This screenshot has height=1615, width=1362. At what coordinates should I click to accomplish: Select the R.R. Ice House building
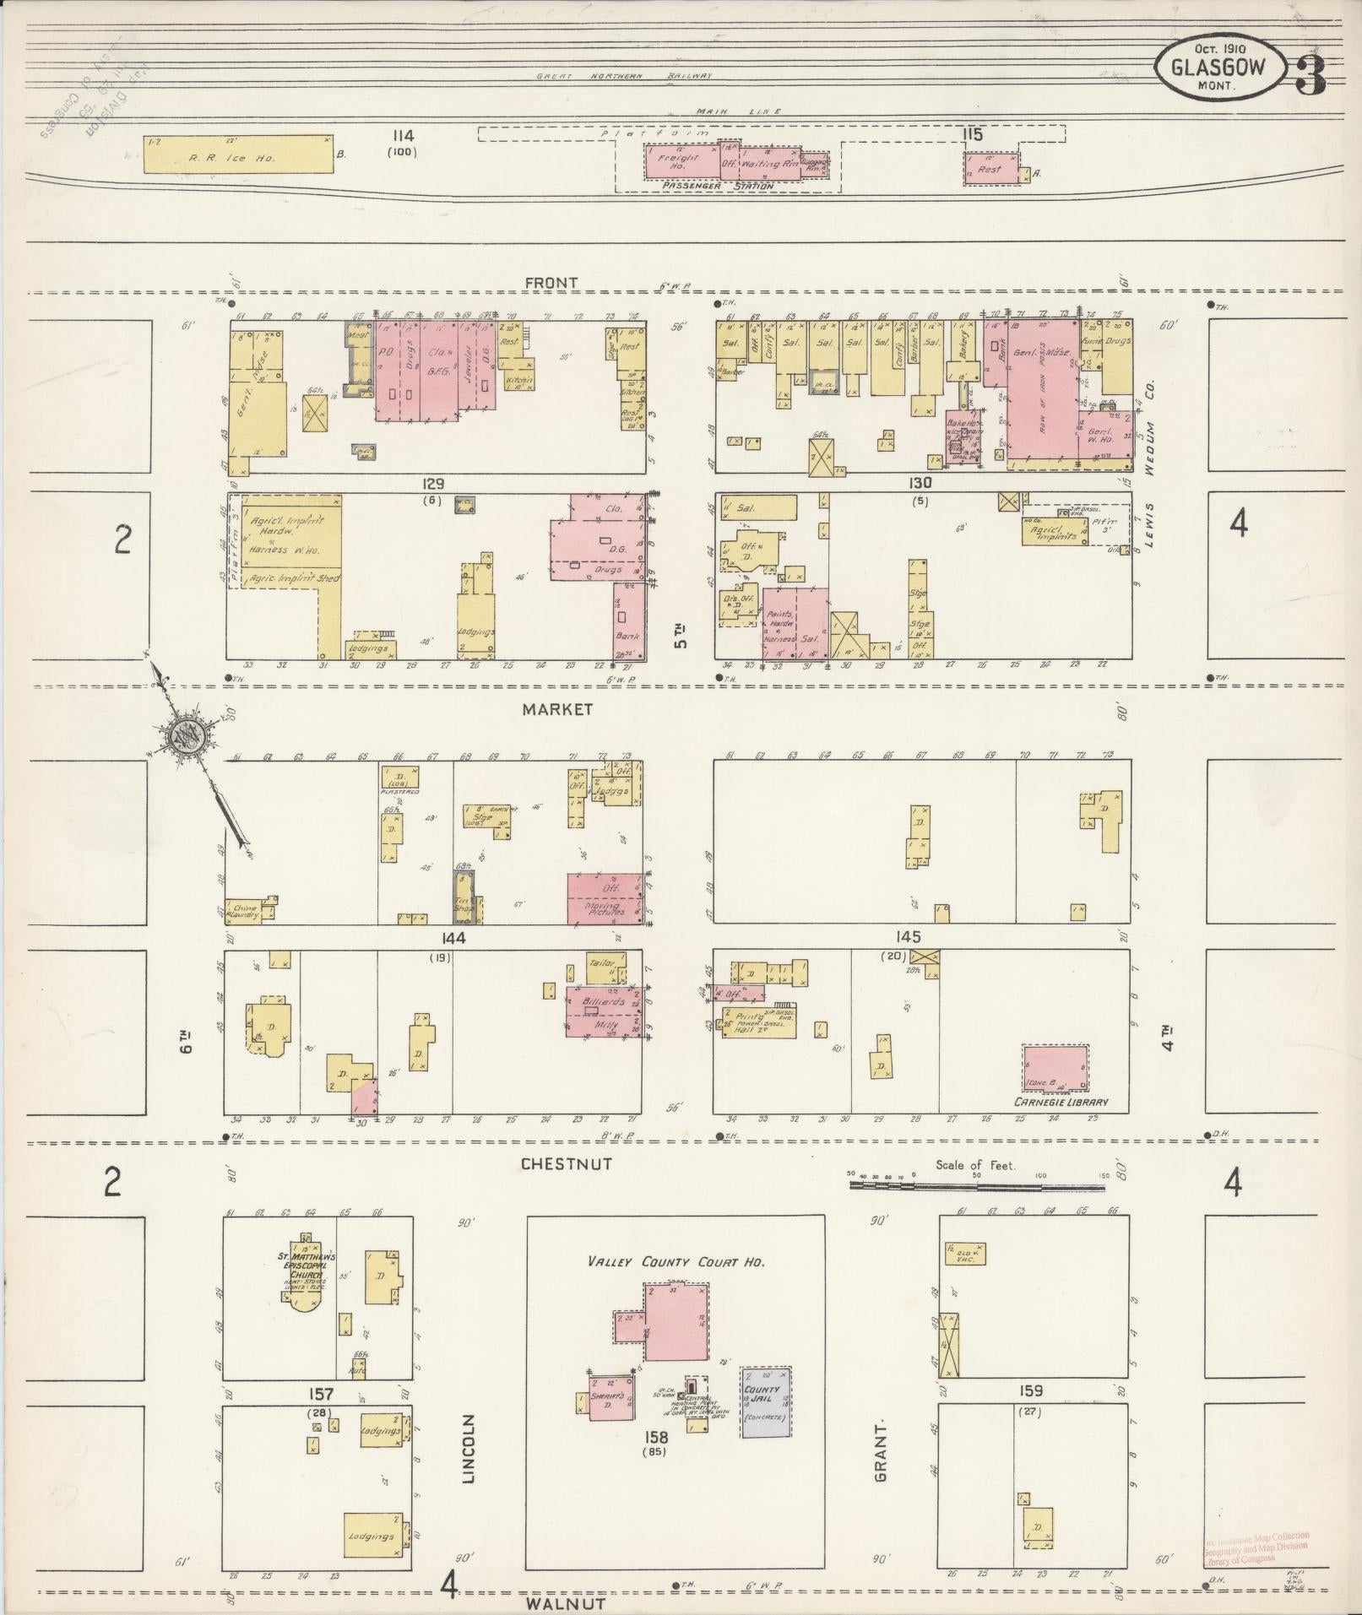[237, 154]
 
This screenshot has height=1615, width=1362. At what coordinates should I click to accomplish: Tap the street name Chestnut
[566, 1163]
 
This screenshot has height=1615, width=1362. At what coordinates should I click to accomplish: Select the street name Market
[557, 709]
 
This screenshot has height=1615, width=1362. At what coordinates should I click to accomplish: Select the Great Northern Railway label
[625, 76]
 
